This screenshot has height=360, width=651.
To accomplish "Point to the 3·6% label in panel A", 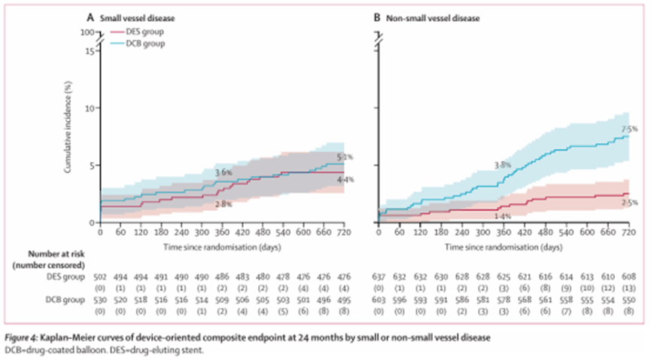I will [x=224, y=173].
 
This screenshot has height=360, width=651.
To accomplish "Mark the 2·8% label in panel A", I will [x=224, y=204].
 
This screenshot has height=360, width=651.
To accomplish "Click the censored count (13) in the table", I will [x=626, y=286].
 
